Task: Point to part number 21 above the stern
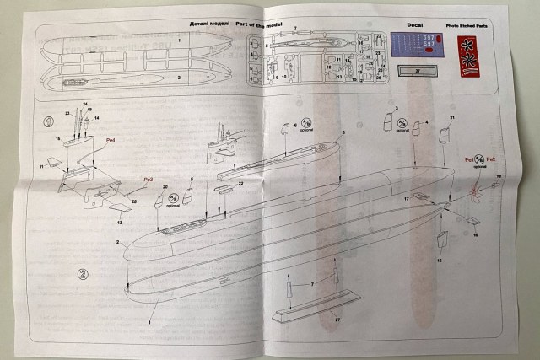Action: click(x=451, y=117)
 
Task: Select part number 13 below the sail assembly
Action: click(x=119, y=222)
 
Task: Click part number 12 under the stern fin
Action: click(x=439, y=261)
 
